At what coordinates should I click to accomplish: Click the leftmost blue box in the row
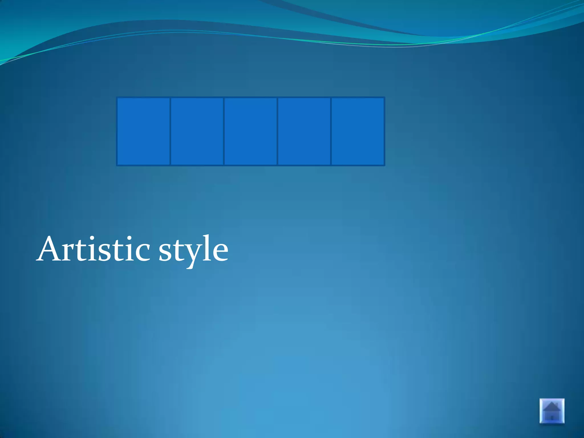144,131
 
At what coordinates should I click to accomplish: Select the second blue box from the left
197,131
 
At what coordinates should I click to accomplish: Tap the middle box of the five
251,131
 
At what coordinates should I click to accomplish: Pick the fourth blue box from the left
304,131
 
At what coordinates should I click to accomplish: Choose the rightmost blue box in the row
358,131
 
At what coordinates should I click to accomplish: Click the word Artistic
94,249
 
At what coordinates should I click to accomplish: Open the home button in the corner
552,411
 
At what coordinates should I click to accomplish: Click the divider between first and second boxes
170,131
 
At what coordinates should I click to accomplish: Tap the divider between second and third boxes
224,131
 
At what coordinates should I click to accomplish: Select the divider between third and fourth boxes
277,131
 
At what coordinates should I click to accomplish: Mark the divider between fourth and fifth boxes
331,131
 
